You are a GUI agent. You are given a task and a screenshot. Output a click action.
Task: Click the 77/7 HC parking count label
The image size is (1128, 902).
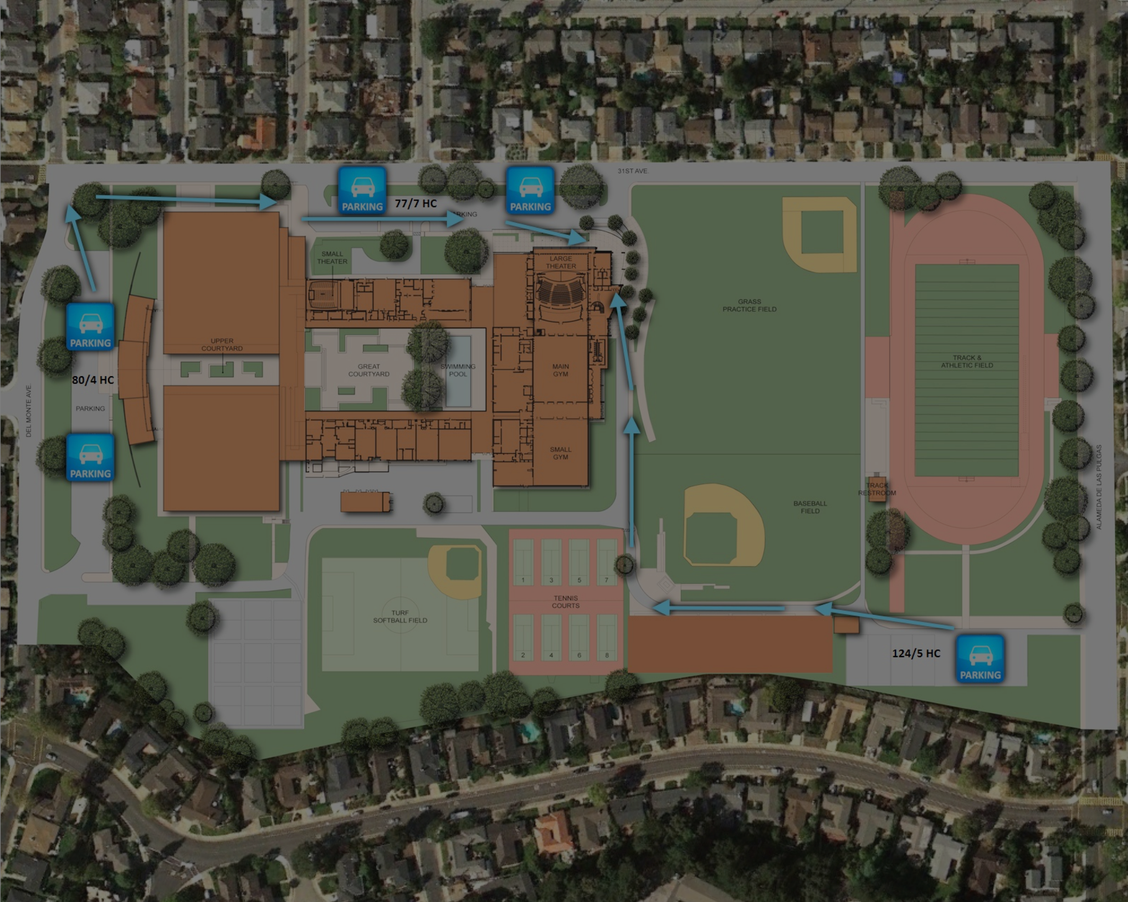click(416, 203)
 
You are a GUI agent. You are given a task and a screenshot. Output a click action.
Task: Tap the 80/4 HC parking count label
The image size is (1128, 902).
click(93, 380)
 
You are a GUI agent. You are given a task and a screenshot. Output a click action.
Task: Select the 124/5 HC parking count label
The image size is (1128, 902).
click(916, 654)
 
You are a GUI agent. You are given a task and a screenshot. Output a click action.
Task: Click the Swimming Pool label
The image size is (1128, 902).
click(458, 370)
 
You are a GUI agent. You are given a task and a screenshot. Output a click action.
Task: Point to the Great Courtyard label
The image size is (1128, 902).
click(369, 370)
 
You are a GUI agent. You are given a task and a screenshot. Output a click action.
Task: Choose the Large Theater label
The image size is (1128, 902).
click(561, 262)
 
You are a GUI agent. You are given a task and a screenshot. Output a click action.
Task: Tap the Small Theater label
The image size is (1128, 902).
click(332, 258)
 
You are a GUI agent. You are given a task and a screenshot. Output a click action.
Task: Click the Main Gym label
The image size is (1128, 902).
click(561, 370)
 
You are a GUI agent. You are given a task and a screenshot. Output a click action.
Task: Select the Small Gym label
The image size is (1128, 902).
click(561, 453)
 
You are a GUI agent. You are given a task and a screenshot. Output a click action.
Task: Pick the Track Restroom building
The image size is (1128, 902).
click(877, 489)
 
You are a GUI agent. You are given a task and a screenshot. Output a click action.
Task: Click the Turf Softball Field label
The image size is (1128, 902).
click(400, 617)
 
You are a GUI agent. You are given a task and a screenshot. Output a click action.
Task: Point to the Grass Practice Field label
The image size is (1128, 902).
click(749, 305)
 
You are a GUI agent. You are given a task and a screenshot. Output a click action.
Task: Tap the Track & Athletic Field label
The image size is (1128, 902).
click(967, 361)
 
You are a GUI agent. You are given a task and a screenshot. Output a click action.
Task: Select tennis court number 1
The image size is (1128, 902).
click(523, 560)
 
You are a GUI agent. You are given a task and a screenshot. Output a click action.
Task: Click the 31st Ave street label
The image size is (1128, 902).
click(632, 171)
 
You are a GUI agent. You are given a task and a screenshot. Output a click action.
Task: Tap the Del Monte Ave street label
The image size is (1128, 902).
click(29, 411)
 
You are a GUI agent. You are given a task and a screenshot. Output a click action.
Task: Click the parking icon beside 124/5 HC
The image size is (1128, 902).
click(980, 658)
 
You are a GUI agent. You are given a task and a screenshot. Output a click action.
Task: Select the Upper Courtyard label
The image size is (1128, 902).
click(222, 345)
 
